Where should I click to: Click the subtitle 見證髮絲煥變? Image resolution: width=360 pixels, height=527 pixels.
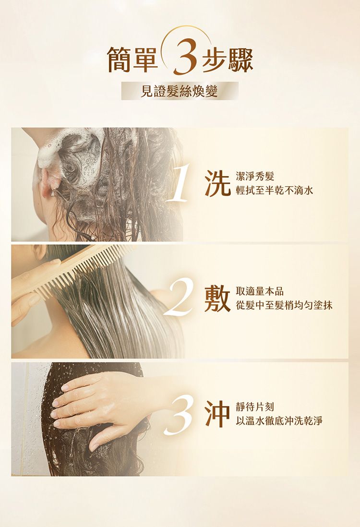[x=179, y=91]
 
